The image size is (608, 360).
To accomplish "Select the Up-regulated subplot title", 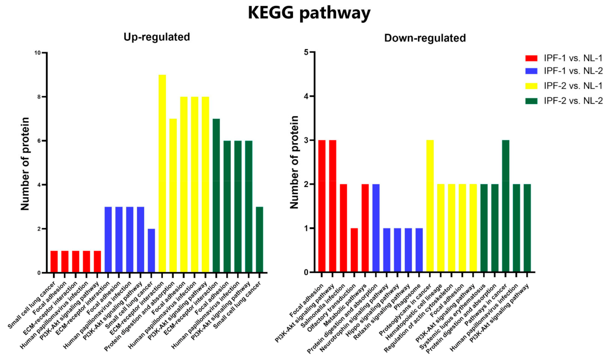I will [157, 37].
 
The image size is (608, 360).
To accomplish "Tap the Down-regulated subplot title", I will [425, 38].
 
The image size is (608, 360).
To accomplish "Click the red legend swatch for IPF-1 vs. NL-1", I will [531, 58].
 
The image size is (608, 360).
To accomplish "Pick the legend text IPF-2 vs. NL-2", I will [573, 101].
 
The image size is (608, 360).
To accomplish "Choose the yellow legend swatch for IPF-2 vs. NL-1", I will [531, 86].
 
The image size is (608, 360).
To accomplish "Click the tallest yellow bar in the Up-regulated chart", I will [162, 174].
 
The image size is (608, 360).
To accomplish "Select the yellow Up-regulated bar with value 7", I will [173, 196].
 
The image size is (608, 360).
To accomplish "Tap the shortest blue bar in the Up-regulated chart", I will [151, 251].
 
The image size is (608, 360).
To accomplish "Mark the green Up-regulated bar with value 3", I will [259, 240].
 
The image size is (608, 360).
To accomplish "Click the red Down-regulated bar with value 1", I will [354, 250].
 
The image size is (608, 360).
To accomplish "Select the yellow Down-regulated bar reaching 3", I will [430, 206].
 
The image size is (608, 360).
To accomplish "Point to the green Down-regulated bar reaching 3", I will [506, 206].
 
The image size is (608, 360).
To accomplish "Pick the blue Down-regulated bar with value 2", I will [376, 228].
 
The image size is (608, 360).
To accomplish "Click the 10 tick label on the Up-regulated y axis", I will [37, 53].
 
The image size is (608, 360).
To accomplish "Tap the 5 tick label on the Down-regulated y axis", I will [306, 52].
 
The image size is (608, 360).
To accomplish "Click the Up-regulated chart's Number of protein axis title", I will [25, 164].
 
